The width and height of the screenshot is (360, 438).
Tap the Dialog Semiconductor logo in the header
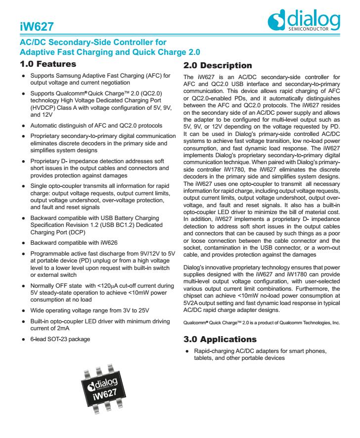pos(303,21)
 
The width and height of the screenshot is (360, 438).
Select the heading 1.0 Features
pos(47,64)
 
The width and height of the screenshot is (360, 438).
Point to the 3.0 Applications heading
pos(219,340)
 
